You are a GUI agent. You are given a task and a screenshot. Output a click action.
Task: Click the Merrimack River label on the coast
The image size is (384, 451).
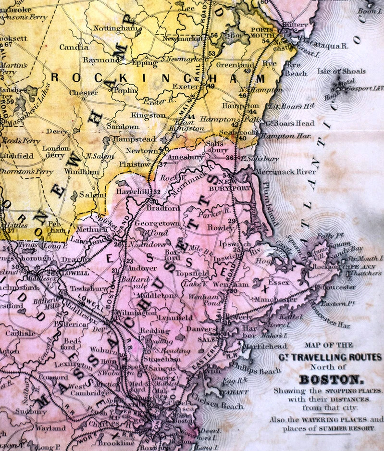pos(286,172)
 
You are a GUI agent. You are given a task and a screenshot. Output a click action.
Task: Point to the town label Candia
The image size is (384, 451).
pos(74,47)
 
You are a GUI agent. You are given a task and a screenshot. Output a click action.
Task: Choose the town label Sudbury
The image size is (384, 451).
pos(30,411)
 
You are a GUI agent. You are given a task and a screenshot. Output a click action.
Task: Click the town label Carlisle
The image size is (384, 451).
pos(20,333)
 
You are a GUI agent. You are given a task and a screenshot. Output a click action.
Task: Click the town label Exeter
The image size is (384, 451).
pos(188,87)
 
